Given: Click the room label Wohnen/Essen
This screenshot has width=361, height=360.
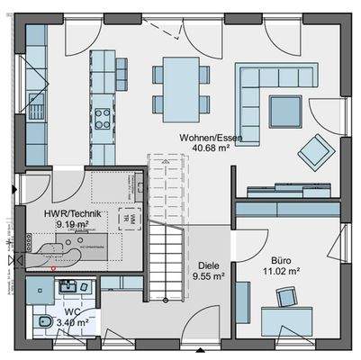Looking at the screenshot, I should click(209, 138).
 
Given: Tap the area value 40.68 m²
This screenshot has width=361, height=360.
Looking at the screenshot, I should click(209, 148).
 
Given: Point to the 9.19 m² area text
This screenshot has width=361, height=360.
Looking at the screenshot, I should click(72, 224).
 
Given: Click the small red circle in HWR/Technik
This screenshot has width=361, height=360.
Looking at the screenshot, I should click(55, 267).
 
